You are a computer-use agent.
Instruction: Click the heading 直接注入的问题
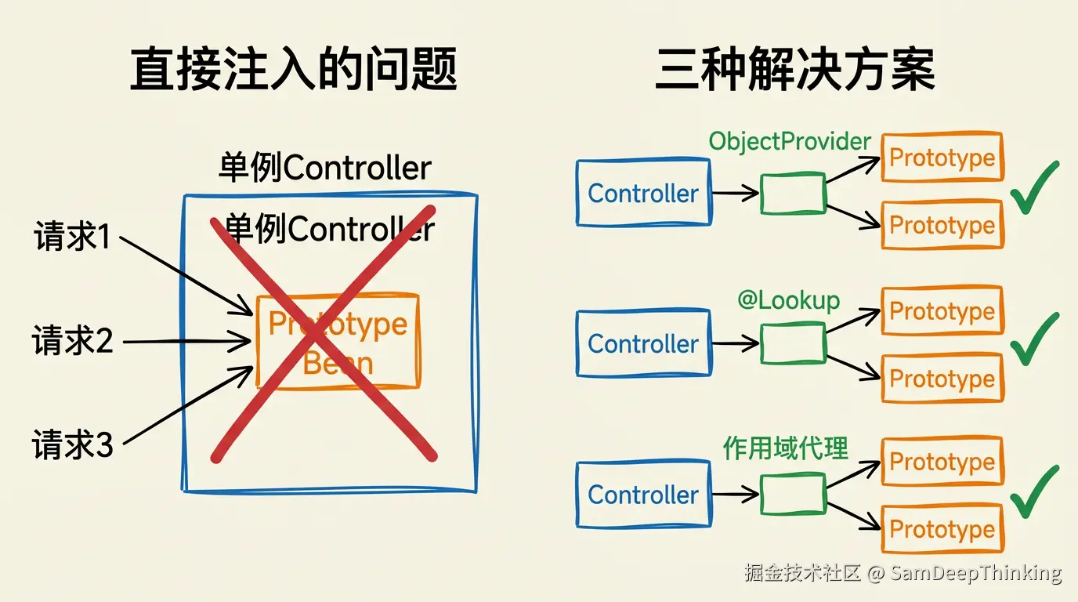click(x=293, y=68)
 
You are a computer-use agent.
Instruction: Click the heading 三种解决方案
click(x=795, y=68)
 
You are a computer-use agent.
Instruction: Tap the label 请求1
click(x=72, y=235)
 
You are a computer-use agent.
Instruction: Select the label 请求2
click(x=72, y=340)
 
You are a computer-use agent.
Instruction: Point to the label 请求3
click(x=72, y=444)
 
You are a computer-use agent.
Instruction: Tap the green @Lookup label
click(x=788, y=300)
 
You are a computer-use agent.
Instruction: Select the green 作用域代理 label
click(x=786, y=448)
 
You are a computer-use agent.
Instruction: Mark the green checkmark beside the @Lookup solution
click(x=1035, y=339)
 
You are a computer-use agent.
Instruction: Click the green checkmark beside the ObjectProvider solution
click(x=1035, y=187)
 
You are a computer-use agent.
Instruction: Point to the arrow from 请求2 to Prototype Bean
click(x=186, y=342)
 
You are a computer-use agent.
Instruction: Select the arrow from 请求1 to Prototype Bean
click(x=186, y=276)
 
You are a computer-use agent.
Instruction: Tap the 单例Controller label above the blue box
click(x=325, y=167)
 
